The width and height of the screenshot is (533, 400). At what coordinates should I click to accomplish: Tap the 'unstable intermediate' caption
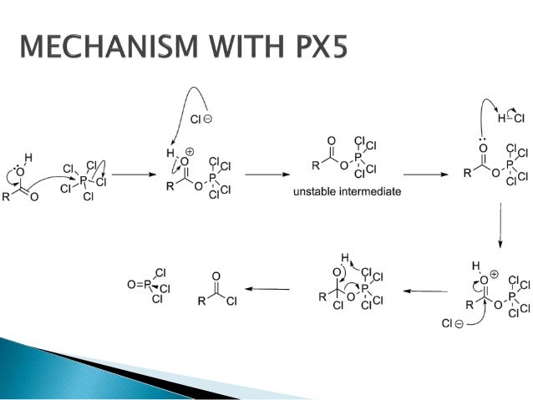click(x=347, y=191)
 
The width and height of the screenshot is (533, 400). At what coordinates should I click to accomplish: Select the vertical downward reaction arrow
click(x=500, y=225)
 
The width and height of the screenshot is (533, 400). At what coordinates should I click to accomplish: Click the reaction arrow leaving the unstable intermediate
click(x=425, y=175)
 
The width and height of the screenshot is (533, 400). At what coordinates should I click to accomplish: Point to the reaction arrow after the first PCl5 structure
click(x=129, y=175)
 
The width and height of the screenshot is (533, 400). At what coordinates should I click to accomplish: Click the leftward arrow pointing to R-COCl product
click(x=266, y=290)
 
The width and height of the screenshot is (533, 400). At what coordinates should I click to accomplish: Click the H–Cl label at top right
click(x=507, y=119)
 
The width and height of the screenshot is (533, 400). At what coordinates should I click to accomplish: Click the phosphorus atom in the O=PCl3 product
click(x=147, y=285)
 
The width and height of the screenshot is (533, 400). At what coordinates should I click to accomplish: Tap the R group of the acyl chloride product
click(x=198, y=301)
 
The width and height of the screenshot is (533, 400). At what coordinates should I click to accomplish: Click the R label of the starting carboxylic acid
click(x=6, y=198)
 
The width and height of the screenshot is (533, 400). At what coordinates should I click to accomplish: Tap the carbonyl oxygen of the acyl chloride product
click(x=216, y=275)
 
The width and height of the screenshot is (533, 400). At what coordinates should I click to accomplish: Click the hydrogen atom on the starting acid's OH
click(x=28, y=158)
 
